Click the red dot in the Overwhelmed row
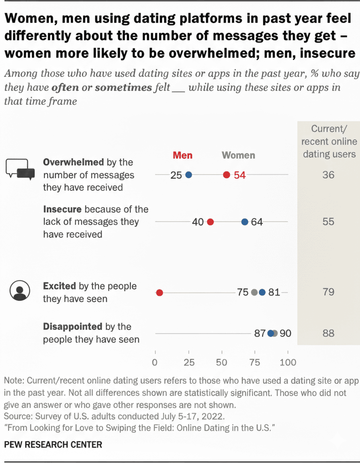[x=227, y=175]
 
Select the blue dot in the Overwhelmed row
[x=188, y=175]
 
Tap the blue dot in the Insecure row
[x=245, y=222]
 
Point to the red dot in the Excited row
[x=160, y=293]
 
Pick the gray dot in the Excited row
[x=254, y=293]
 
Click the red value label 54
[x=239, y=175]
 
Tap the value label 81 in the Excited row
[x=274, y=293]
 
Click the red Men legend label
[x=182, y=155]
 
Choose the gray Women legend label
[x=238, y=155]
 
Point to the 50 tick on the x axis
[x=221, y=362]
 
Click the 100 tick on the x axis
[x=288, y=362]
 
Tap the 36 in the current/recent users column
[x=328, y=175]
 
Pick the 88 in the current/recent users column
[x=328, y=333]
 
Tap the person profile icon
[x=18, y=291]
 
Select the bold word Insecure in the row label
[x=62, y=209]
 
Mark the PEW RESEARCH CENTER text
[x=53, y=445]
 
